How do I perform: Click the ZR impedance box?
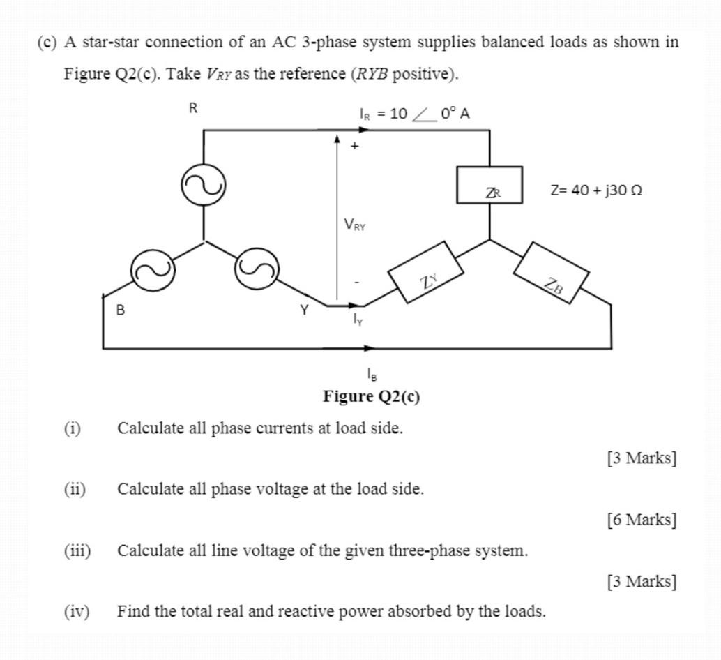(489, 186)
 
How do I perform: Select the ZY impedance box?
(425, 271)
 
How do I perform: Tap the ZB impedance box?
(551, 273)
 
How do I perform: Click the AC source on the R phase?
(203, 186)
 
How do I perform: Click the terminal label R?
(193, 108)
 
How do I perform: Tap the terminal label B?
(121, 310)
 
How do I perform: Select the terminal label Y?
(304, 310)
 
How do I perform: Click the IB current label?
(372, 375)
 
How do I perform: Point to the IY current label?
(358, 320)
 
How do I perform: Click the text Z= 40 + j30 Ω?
(595, 190)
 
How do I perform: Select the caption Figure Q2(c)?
(371, 397)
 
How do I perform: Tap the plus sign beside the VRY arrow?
(355, 147)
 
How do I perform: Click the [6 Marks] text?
(641, 520)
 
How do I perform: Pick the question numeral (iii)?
(77, 550)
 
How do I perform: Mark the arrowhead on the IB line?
(369, 347)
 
